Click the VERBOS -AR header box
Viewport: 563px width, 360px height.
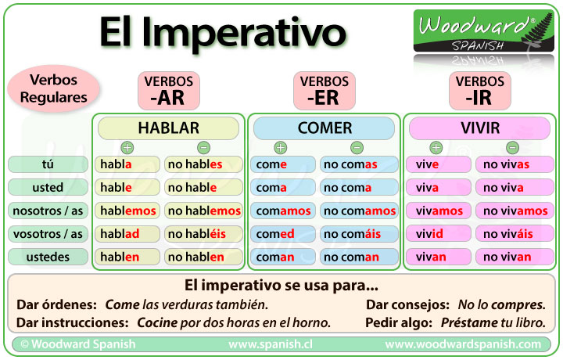(169, 91)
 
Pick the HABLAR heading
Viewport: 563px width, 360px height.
(168, 128)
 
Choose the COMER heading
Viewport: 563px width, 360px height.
(325, 128)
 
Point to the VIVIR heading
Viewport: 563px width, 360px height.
(481, 128)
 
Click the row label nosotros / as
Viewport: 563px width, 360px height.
(48, 211)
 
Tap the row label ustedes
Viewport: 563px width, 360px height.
(48, 257)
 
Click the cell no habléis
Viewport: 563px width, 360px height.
(203, 234)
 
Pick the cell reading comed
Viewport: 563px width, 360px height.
(282, 234)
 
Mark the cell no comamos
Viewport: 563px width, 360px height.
(359, 211)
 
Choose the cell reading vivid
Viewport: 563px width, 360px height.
(439, 234)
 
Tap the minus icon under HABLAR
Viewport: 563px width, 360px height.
(203, 147)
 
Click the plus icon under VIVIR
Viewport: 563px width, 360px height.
(436, 147)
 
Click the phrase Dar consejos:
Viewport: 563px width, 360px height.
(407, 304)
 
